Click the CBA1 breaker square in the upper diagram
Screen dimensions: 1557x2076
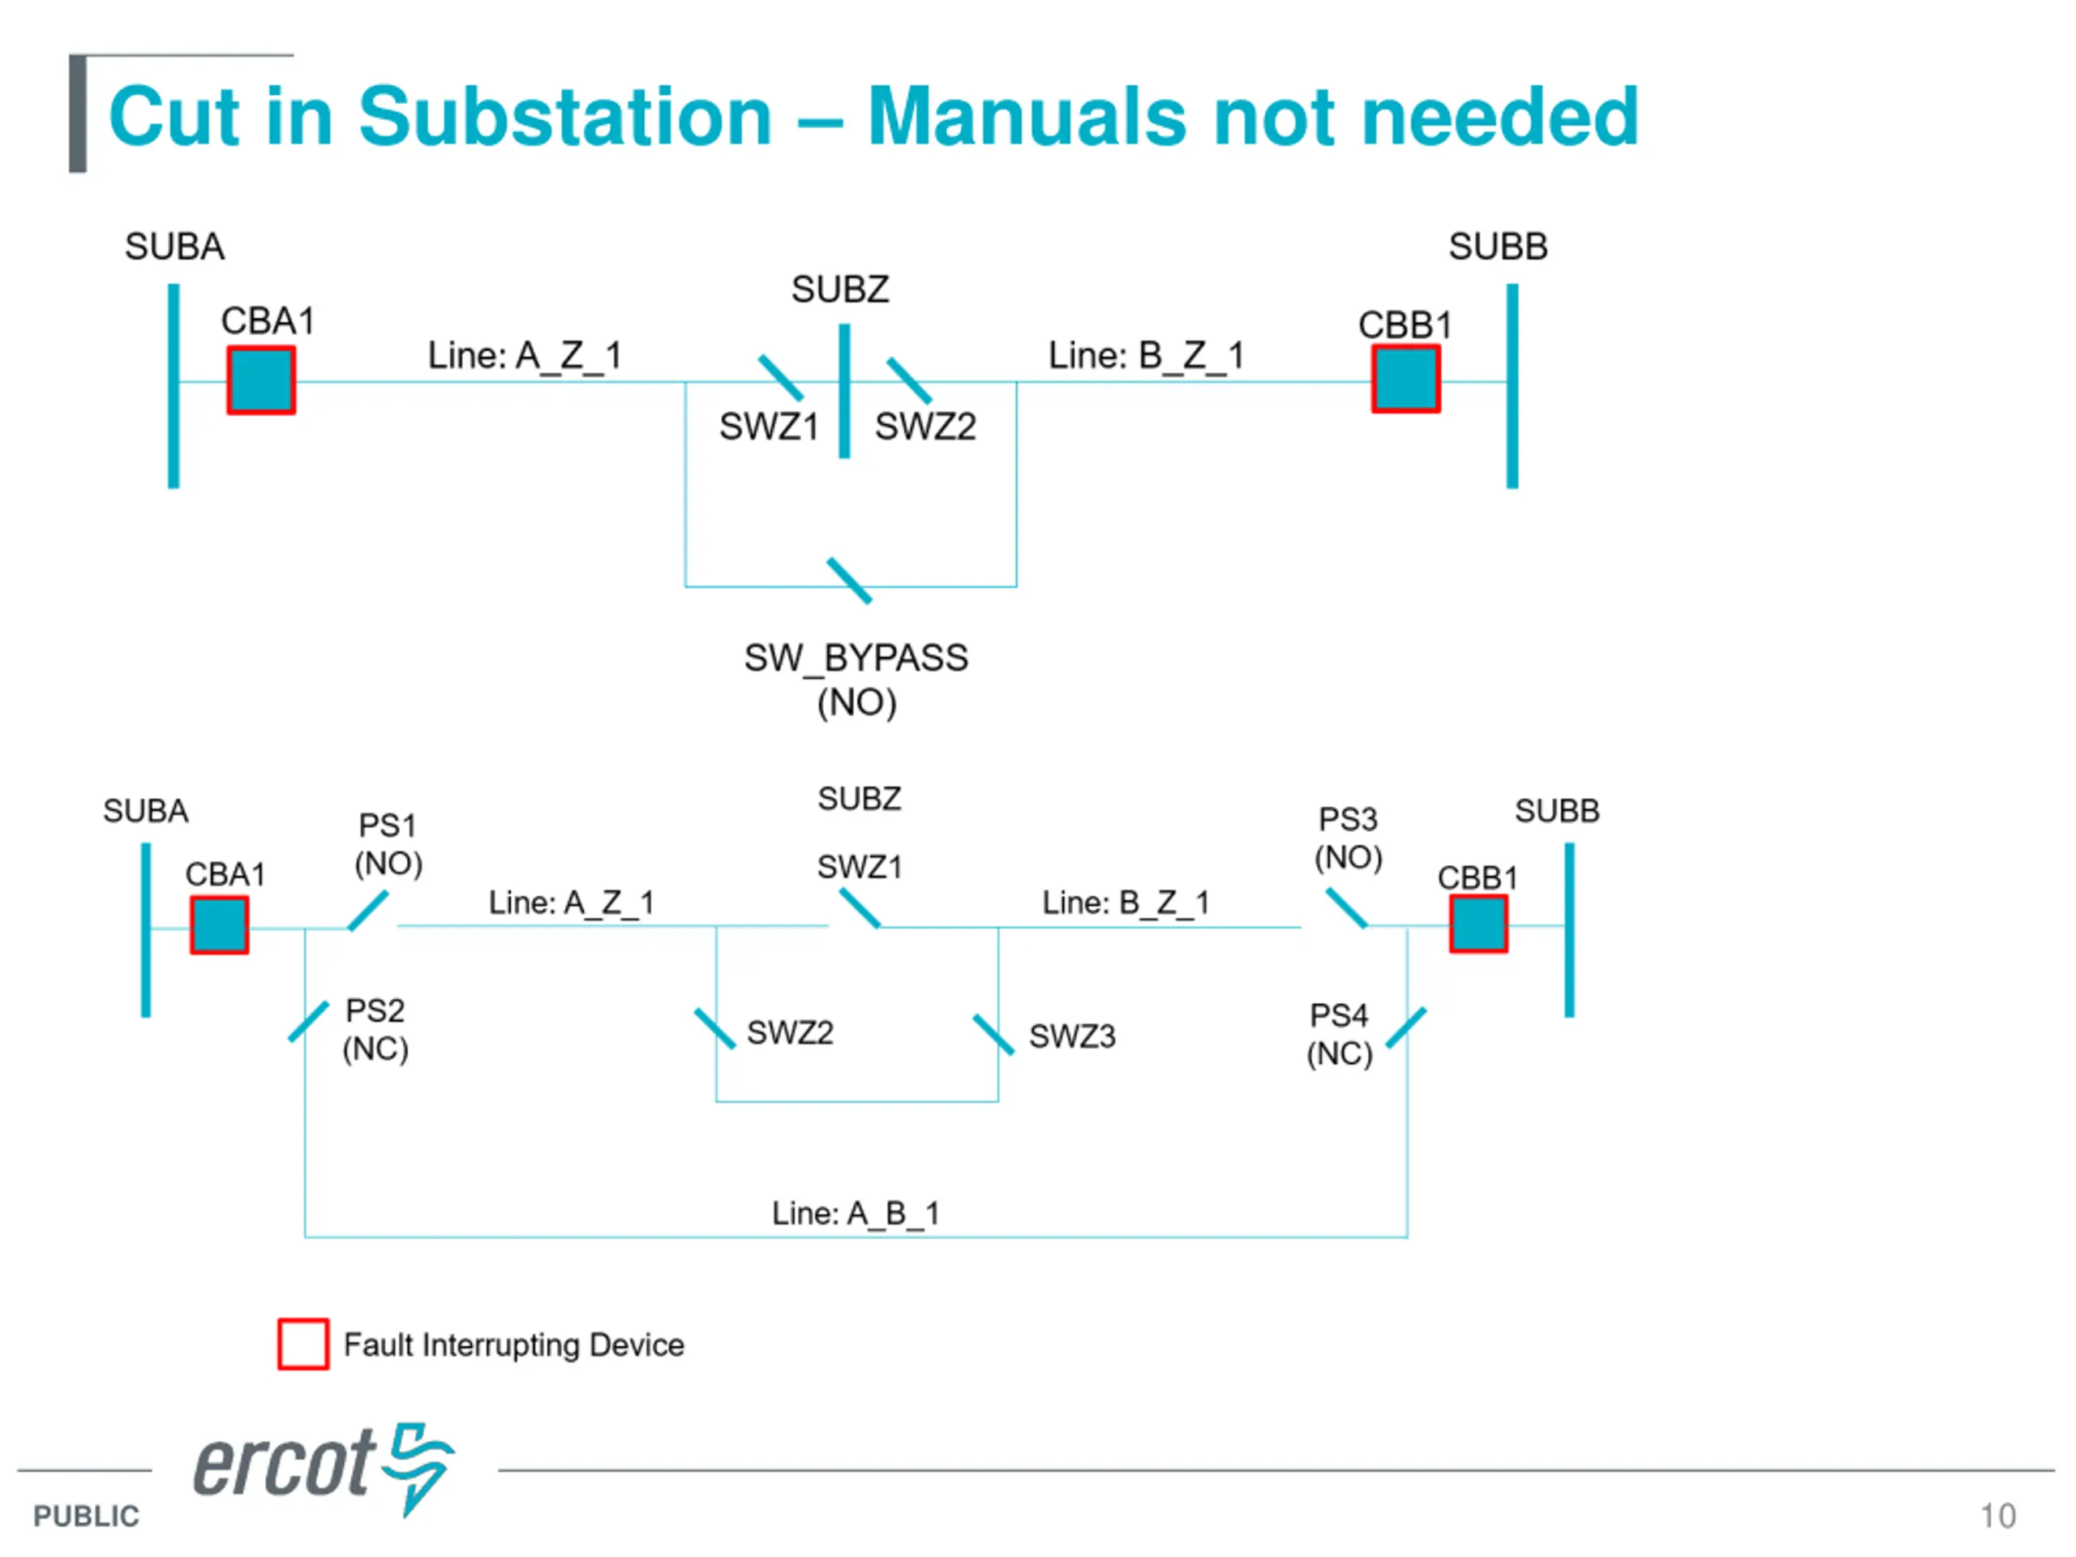[x=261, y=380]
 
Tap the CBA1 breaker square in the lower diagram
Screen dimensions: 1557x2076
[x=220, y=925]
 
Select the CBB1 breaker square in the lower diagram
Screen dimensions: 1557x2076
[x=1478, y=924]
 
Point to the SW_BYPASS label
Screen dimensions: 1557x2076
[x=856, y=658]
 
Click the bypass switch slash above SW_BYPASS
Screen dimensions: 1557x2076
[x=849, y=581]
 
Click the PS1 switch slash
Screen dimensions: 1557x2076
[x=368, y=911]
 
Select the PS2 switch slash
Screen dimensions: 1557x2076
[x=309, y=1021]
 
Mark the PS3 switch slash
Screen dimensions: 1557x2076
[x=1347, y=907]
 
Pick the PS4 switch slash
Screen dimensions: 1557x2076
[x=1406, y=1027]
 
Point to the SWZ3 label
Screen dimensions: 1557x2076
[x=1072, y=1036]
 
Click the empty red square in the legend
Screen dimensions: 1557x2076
[x=303, y=1344]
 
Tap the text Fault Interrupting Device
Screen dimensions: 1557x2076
[x=513, y=1345]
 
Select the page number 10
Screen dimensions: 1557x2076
[x=1997, y=1516]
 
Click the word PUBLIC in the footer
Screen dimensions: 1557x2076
[x=86, y=1516]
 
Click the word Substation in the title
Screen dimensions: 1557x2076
[x=565, y=117]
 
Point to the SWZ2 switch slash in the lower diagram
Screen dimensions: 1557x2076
[x=714, y=1028]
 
